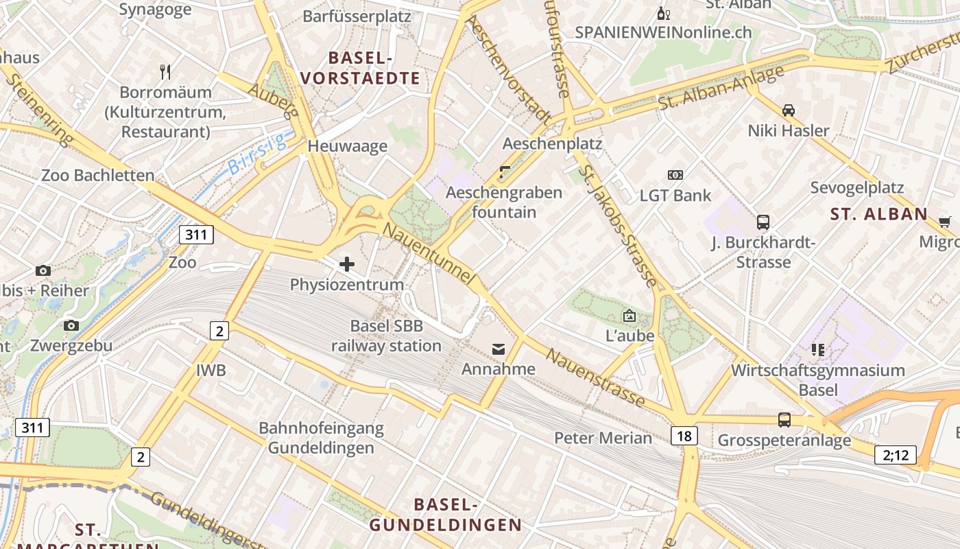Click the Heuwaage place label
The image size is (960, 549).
coord(347,146)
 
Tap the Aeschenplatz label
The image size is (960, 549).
coord(552,143)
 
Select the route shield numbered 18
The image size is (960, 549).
coord(685,435)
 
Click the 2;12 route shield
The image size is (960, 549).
coord(895,454)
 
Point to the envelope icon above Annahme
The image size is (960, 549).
coord(499,350)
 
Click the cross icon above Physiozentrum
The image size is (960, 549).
coord(347,264)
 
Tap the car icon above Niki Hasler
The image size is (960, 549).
coord(789,110)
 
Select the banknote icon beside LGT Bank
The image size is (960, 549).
coord(675,175)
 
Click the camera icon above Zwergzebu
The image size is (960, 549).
coord(71,325)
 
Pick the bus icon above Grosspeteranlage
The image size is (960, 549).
coord(784,419)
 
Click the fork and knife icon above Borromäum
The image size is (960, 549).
coord(165,71)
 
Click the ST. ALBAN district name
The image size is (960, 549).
coord(878,214)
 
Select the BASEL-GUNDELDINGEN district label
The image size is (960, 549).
coord(446,515)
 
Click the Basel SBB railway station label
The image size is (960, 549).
coord(386,336)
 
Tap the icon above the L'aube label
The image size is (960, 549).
coord(629,316)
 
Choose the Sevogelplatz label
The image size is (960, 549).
coord(856,187)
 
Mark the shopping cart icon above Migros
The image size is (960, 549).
coord(944,222)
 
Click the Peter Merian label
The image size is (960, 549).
coord(603,438)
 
